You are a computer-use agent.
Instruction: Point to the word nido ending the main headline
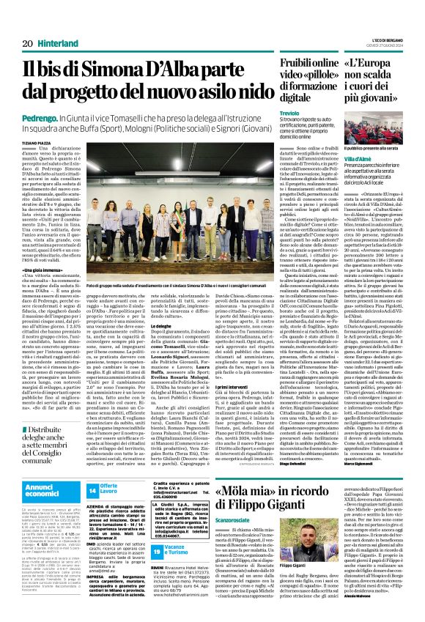pos(242,91)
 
